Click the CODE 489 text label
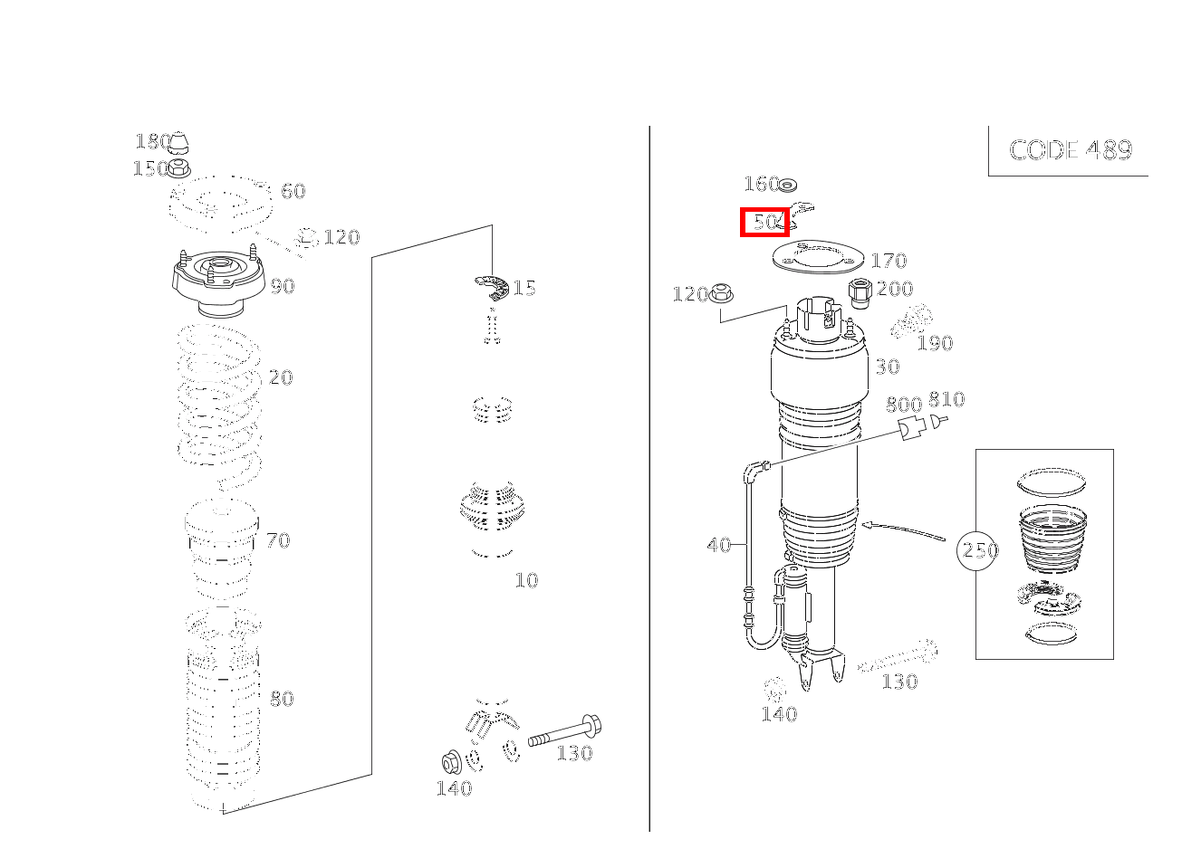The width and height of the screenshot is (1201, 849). click(1071, 150)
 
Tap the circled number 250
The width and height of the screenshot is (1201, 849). click(977, 550)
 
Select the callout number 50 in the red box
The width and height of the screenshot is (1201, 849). click(765, 221)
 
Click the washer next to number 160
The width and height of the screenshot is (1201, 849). click(788, 186)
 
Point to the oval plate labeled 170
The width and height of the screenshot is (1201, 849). click(818, 257)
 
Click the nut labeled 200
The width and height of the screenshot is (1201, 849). click(860, 293)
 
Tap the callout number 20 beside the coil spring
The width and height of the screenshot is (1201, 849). click(281, 377)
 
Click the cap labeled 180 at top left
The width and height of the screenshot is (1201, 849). click(179, 142)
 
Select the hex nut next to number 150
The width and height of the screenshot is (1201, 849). click(178, 168)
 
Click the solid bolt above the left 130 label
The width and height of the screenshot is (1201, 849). click(564, 731)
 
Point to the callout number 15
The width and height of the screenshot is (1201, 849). click(524, 288)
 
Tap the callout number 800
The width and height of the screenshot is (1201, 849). click(903, 404)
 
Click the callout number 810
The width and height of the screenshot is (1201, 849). click(946, 399)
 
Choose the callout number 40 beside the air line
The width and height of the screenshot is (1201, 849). click(719, 545)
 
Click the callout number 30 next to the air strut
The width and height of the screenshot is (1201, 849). click(888, 367)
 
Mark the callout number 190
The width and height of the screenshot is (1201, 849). click(935, 343)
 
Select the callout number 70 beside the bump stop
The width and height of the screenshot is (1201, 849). click(278, 540)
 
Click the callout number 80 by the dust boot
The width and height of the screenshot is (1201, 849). click(282, 699)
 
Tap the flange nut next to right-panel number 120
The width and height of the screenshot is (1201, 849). click(721, 294)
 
